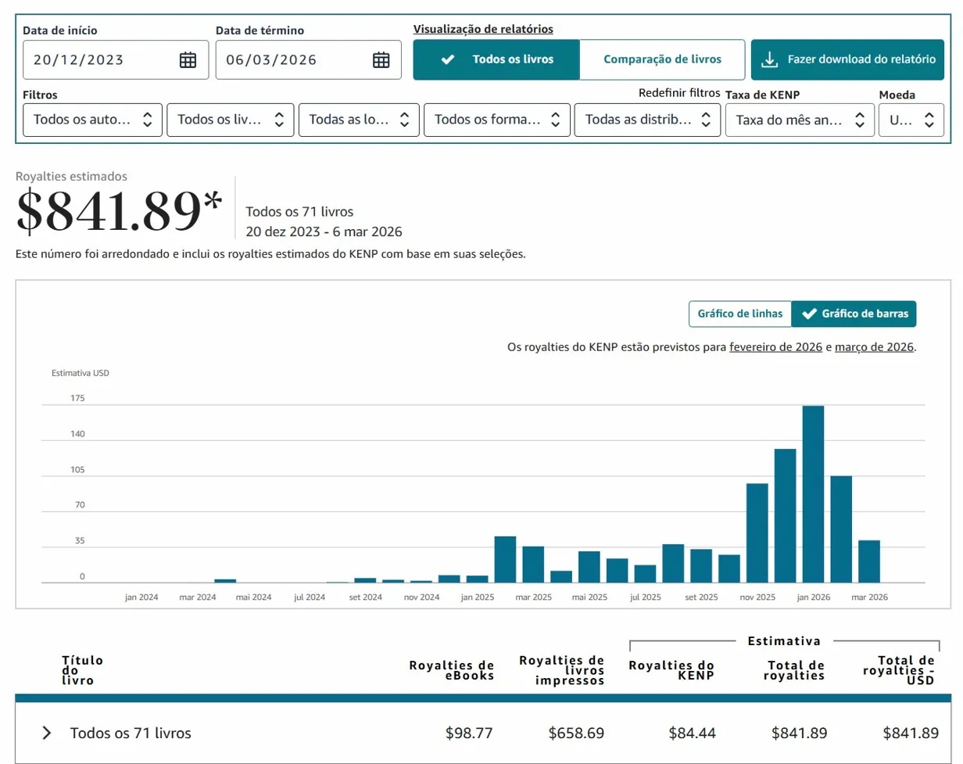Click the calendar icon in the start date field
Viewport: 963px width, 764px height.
[x=188, y=60]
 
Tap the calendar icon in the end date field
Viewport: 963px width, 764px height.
[x=381, y=60]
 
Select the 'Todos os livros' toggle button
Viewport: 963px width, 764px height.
[x=496, y=59]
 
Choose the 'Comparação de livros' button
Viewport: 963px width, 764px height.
[x=662, y=59]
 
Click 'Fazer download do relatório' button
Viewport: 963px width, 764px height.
[x=847, y=59]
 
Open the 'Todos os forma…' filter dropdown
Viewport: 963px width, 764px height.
[x=496, y=120]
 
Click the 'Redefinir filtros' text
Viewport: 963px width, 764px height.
[x=678, y=93]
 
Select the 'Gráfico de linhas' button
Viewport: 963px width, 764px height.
[x=739, y=314]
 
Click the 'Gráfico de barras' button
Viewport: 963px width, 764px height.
[x=854, y=314]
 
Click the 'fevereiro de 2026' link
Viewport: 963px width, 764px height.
[x=775, y=347]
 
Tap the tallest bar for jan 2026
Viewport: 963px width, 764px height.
[x=813, y=494]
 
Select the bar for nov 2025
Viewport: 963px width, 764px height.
[x=757, y=533]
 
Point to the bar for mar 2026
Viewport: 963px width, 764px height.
[x=869, y=561]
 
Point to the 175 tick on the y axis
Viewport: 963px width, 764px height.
[x=77, y=398]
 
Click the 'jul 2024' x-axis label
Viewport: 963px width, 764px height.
[x=310, y=597]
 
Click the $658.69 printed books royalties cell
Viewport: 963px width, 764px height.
[x=576, y=733]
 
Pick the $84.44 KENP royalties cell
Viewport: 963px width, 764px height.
[x=692, y=733]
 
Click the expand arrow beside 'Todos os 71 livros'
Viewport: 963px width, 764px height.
[x=47, y=733]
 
